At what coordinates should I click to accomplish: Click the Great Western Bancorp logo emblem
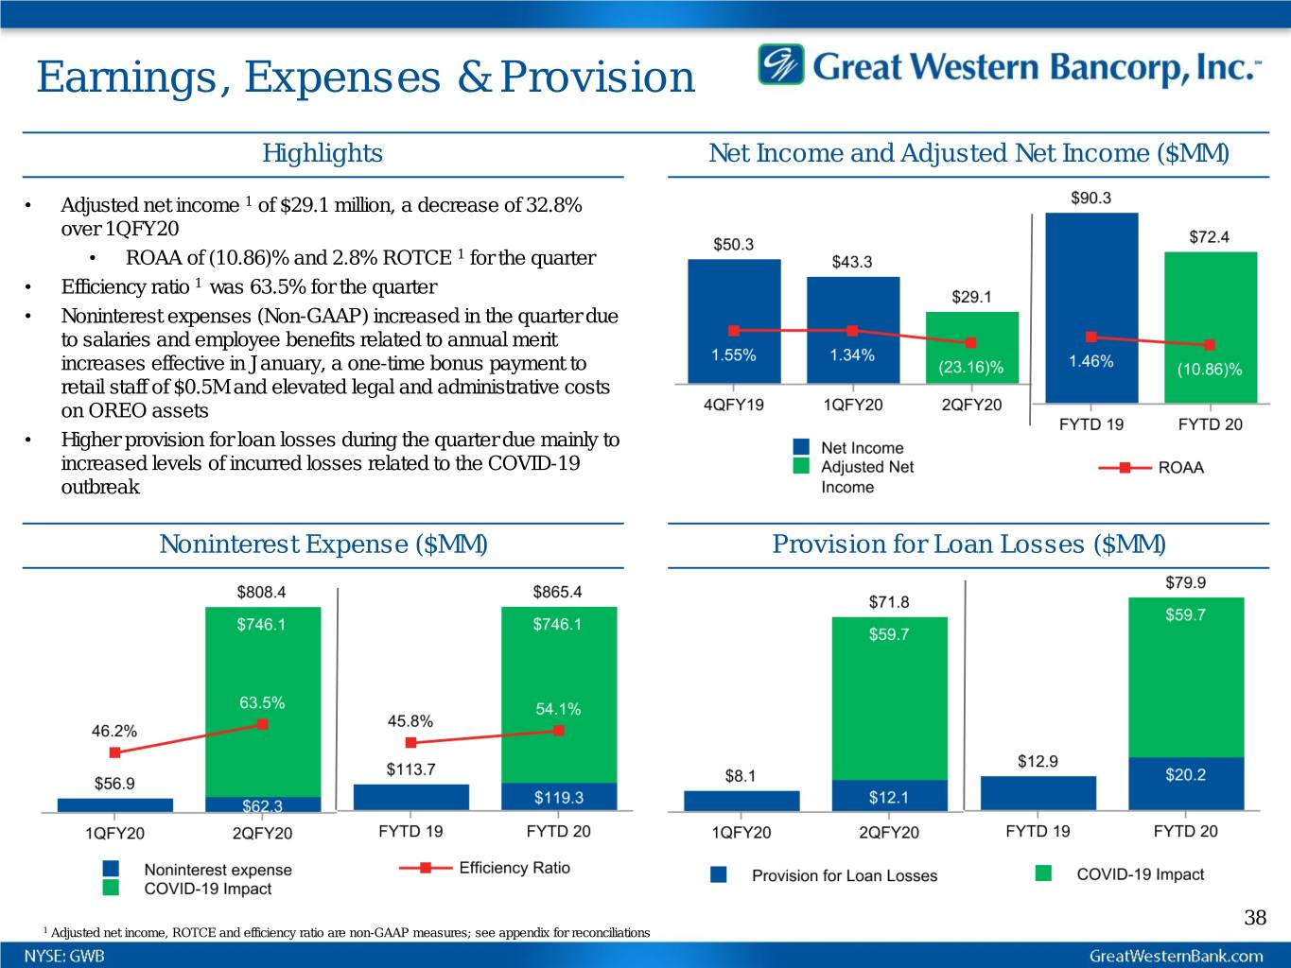[780, 65]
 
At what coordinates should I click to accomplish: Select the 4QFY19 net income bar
[734, 320]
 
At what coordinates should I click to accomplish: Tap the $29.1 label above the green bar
[971, 297]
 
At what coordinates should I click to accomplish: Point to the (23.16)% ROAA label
[971, 367]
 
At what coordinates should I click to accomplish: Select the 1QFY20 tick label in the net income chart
[852, 405]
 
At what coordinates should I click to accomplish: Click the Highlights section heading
[322, 153]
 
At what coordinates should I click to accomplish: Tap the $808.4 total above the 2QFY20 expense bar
[261, 592]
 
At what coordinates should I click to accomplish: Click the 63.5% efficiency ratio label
[262, 702]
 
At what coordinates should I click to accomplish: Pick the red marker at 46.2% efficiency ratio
[115, 752]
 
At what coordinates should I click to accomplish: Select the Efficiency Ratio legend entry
[484, 868]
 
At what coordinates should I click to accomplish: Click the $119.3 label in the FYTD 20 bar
[558, 797]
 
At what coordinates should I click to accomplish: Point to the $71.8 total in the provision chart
[889, 602]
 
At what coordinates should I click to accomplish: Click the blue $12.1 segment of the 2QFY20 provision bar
[889, 796]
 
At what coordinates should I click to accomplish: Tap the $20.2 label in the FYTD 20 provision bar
[1185, 775]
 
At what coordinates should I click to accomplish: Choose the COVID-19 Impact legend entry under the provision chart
[1122, 874]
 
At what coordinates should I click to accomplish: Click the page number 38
[1254, 917]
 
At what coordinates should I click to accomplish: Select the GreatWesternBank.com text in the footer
[1176, 956]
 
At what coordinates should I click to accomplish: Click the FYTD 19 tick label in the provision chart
[1038, 831]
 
